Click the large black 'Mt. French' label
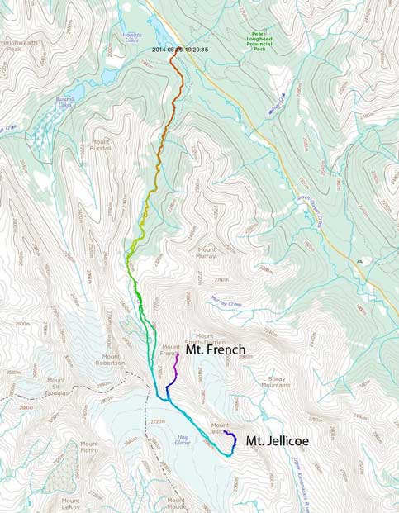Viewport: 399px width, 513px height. (x=215, y=350)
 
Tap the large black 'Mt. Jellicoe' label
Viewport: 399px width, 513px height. (x=278, y=441)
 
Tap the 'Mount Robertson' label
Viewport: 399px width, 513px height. (x=109, y=359)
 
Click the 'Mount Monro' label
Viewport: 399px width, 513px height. (x=89, y=447)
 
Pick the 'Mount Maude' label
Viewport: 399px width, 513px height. (x=177, y=503)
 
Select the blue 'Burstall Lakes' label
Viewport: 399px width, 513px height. (x=65, y=103)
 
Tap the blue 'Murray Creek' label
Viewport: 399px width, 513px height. (x=225, y=300)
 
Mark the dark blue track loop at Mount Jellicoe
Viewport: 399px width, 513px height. (x=232, y=438)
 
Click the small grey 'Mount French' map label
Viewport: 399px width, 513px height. (x=171, y=349)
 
